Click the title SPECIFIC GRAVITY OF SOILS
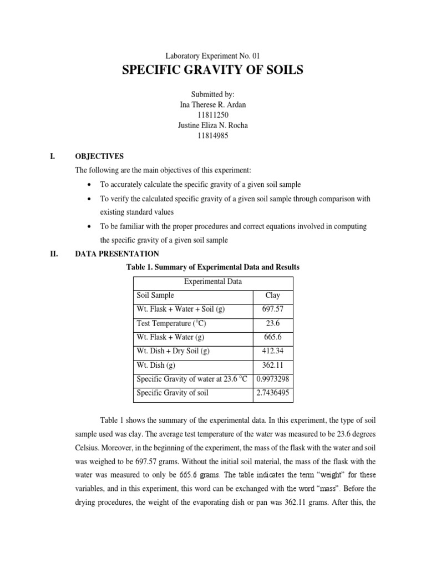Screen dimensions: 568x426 click(x=212, y=70)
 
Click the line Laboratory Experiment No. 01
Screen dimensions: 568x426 click(x=213, y=55)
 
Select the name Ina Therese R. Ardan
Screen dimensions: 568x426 click(x=212, y=105)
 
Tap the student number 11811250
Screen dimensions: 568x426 click(x=212, y=115)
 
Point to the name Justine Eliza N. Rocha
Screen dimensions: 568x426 click(x=212, y=125)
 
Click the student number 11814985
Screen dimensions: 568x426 click(x=212, y=136)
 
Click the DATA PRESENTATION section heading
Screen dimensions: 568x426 click(x=117, y=253)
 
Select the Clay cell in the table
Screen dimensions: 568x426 click(x=272, y=296)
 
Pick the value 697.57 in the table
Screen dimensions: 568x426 click(x=272, y=310)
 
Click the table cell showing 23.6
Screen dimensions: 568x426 click(x=272, y=323)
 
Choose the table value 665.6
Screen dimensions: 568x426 click(x=272, y=337)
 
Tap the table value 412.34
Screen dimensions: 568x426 click(x=272, y=352)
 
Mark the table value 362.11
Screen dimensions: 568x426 click(x=272, y=366)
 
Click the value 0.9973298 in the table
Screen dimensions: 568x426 click(x=272, y=380)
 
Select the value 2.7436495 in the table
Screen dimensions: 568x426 click(x=272, y=394)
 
